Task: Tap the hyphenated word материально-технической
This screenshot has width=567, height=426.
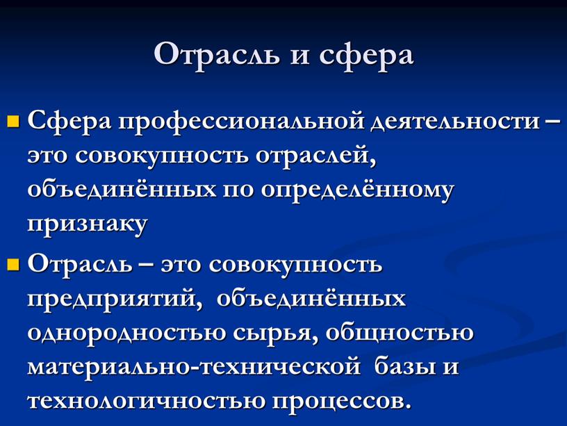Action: click(x=193, y=366)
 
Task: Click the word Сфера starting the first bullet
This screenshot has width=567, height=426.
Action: click(x=69, y=122)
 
